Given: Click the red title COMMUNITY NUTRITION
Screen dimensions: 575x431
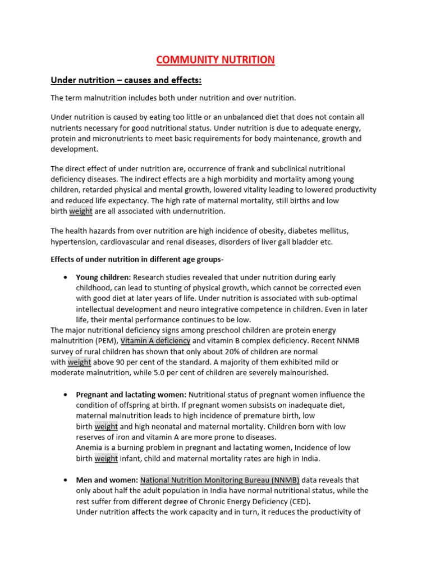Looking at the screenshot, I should point(215,60).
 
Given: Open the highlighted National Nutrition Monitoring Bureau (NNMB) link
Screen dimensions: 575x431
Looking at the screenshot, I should point(219,480).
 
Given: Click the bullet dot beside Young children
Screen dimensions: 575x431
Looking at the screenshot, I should point(66,277).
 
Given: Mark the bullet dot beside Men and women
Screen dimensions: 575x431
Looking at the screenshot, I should point(66,481).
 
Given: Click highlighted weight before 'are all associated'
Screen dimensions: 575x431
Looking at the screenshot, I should point(81,211).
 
